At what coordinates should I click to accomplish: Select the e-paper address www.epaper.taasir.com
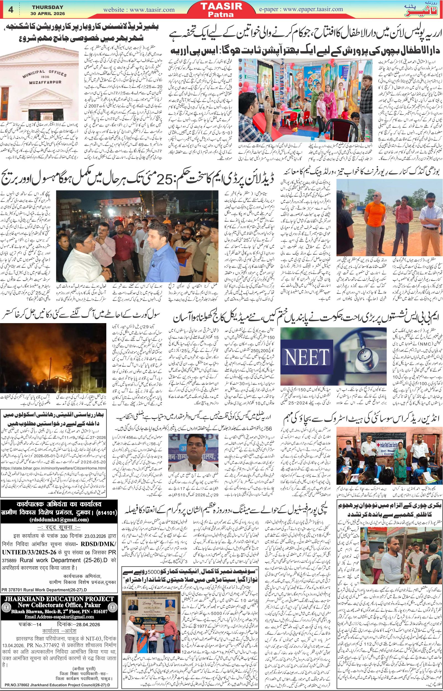pyautogui.click(x=312, y=9)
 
